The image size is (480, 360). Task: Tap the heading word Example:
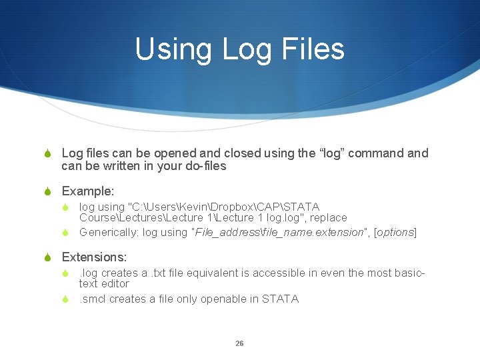(88, 191)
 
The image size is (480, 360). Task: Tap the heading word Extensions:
(94, 257)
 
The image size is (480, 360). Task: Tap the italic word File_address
(225, 232)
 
